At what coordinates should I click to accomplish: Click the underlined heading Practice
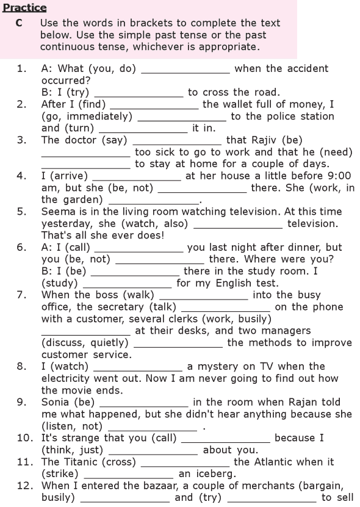tap(24, 7)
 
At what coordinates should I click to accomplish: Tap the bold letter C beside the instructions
tap(19, 23)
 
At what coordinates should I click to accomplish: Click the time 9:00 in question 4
tap(339, 176)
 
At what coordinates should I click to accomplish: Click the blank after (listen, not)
tap(153, 430)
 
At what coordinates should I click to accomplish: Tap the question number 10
tap(24, 438)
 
